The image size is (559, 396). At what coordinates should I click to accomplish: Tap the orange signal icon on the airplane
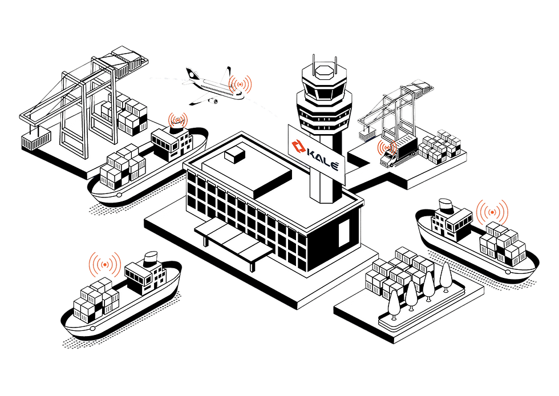(x=240, y=84)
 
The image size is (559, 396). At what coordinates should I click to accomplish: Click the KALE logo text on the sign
(x=322, y=159)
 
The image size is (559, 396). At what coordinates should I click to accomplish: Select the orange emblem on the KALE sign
(x=297, y=147)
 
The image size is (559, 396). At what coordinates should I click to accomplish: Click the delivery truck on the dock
(x=398, y=152)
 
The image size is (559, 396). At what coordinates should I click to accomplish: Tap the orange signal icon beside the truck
(x=387, y=147)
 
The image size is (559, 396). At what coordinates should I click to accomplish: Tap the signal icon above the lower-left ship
(x=105, y=264)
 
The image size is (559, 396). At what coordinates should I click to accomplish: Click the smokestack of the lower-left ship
(x=151, y=258)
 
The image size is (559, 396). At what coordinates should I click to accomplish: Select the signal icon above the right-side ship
(x=492, y=212)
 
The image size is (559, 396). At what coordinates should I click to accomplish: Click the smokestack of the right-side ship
(x=445, y=206)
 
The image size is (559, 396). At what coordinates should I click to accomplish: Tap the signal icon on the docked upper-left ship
(x=177, y=120)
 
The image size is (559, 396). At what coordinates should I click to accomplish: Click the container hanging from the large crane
(x=36, y=140)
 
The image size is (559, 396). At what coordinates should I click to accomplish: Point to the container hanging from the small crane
(x=368, y=135)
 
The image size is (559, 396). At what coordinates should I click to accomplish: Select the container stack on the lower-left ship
(x=96, y=300)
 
